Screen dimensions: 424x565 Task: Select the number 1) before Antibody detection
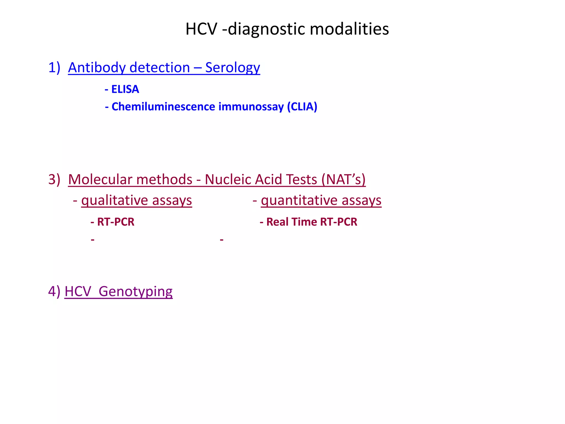54,68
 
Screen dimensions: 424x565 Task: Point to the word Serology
233,68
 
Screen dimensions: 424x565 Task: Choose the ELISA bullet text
125,89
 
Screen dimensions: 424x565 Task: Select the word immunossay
251,107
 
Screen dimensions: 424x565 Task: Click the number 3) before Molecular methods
54,179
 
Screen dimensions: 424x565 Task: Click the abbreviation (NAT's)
343,179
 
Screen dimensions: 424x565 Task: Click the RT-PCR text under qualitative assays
116,222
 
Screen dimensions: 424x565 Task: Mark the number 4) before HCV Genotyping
54,291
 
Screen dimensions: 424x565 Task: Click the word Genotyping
135,292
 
